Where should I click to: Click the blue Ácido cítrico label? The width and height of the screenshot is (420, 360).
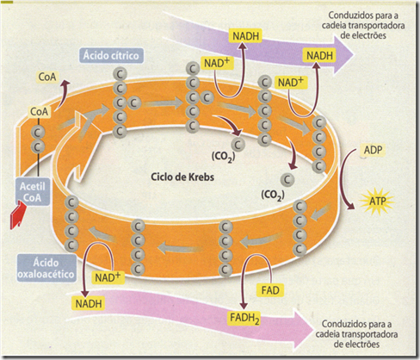click(112, 56)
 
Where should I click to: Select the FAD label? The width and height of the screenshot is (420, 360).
click(268, 287)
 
